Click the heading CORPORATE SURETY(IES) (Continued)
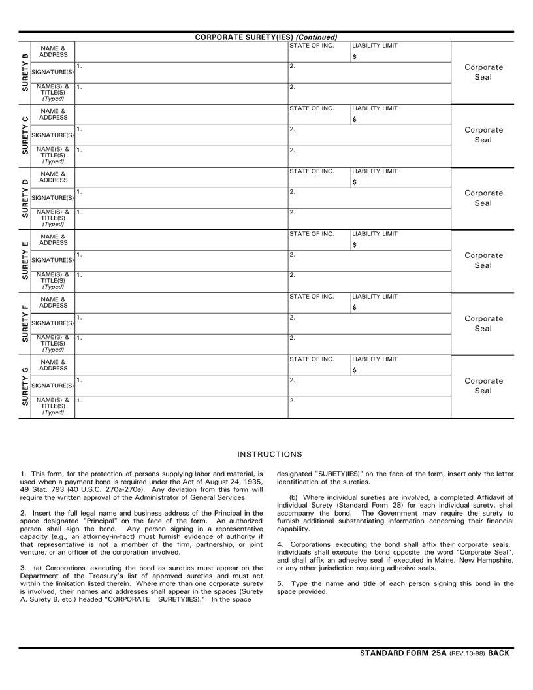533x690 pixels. click(x=266, y=37)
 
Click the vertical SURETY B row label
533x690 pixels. click(x=25, y=73)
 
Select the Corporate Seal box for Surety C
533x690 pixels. click(x=483, y=135)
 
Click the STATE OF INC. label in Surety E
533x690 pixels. click(x=312, y=234)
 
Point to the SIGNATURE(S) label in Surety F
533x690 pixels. click(x=53, y=323)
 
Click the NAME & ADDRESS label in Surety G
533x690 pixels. click(x=53, y=365)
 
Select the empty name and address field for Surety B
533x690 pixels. click(x=181, y=52)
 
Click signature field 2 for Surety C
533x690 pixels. click(x=369, y=135)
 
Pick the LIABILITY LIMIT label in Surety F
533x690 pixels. click(x=375, y=297)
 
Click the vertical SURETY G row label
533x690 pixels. click(x=25, y=387)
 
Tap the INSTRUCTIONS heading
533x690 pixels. click(x=270, y=454)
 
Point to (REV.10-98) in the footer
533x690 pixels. click(x=467, y=653)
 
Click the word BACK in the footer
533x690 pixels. click(x=498, y=653)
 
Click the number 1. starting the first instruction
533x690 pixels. click(x=23, y=474)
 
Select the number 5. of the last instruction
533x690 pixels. click(x=280, y=583)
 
